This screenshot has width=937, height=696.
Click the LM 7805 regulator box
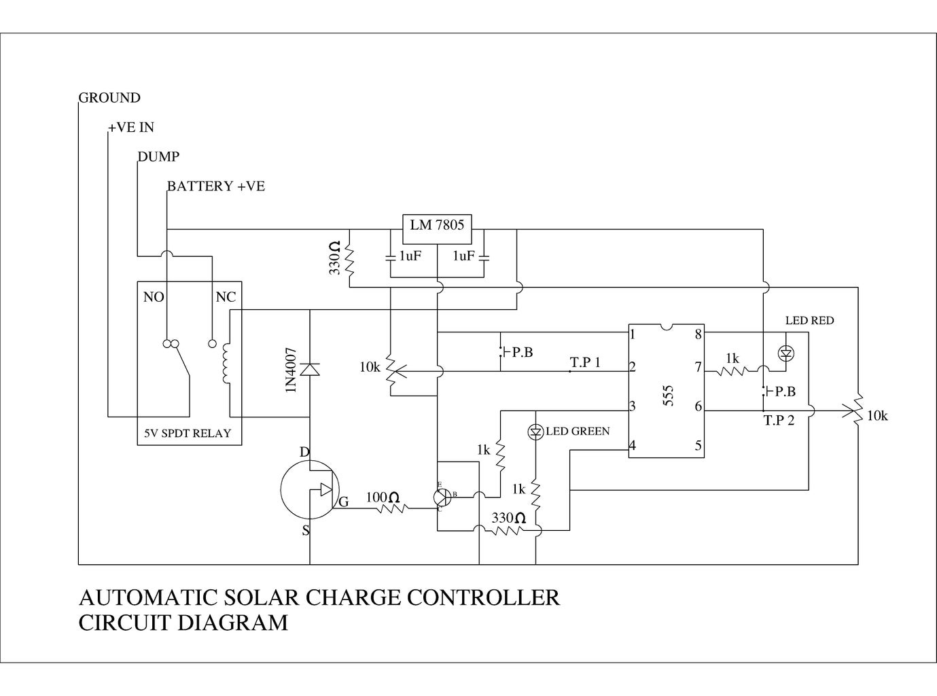[437, 229]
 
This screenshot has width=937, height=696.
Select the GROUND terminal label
[109, 98]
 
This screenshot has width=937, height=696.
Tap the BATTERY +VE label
[216, 186]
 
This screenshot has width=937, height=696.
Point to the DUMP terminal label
[159, 157]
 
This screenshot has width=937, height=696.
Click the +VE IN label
[131, 128]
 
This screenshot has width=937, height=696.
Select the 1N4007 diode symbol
[310, 369]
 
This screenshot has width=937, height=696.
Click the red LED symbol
[787, 353]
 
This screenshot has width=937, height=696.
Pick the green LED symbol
[536, 432]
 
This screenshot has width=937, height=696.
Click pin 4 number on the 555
[633, 447]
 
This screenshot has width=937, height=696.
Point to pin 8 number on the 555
[698, 334]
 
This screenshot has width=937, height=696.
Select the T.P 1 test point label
[585, 363]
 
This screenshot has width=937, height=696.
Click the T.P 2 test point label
[779, 421]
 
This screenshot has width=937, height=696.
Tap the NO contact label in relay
[154, 298]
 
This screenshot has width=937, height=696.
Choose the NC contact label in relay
[226, 298]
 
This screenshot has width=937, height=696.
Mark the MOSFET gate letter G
[344, 502]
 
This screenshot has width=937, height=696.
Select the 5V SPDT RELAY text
[188, 434]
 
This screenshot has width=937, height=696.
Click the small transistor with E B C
[442, 496]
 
